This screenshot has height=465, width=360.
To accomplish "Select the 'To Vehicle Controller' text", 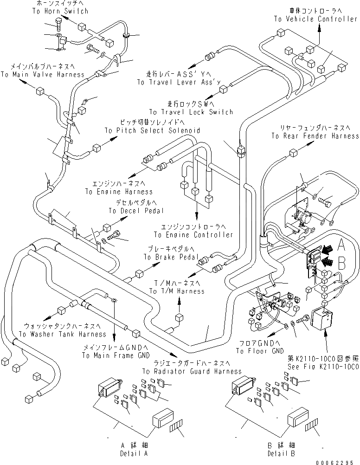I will pos(315,19).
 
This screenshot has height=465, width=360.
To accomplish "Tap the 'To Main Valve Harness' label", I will pos(42,74).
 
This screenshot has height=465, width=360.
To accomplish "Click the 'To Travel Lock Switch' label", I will pos(191,112).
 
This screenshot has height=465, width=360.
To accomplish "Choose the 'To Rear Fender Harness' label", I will pos(315,136).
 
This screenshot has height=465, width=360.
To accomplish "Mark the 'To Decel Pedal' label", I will pos(136,211).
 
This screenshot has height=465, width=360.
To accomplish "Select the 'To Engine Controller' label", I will pos(193,235).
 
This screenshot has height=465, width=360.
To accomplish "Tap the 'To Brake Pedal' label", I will pos(171,257).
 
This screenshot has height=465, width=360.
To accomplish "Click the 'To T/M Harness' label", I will pos(176,291).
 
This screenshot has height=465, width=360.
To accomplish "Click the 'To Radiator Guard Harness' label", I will pos(192,371).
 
